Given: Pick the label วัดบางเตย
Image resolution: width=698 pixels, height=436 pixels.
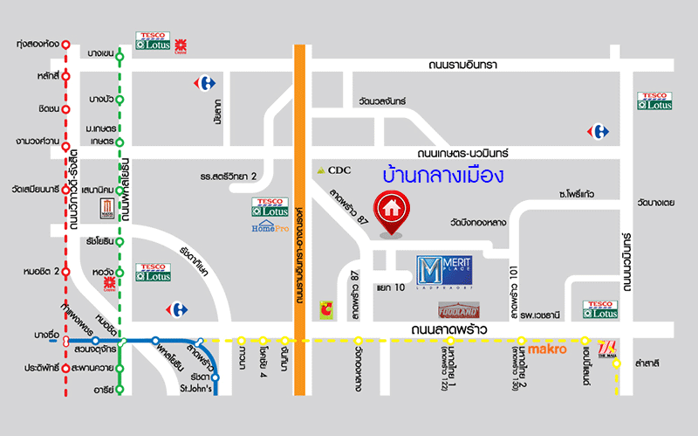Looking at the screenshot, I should coord(656,203).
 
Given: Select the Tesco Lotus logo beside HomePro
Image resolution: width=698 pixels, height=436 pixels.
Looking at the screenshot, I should coord(270,208).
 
